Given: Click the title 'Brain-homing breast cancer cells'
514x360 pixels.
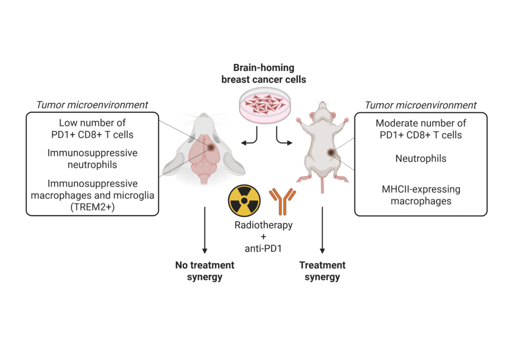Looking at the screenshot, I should (264, 73).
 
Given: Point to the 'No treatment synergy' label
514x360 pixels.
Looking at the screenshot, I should (204, 271).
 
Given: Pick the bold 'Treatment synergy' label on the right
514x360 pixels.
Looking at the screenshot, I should (322, 271).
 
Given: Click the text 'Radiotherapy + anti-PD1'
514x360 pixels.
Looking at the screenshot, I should (264, 235).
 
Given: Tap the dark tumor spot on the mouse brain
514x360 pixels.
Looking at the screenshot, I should (211, 147).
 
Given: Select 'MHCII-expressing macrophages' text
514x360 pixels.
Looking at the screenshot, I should (421, 195).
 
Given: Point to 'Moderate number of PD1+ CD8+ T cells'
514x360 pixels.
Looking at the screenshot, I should (421, 129).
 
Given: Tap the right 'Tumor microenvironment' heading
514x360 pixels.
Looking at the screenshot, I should (421, 105).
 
